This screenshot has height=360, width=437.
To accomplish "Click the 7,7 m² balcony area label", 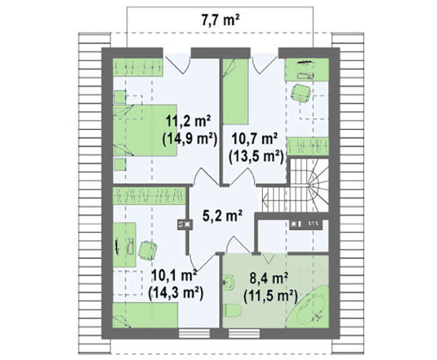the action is click(x=220, y=20).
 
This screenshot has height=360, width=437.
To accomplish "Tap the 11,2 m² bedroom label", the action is click(x=189, y=121).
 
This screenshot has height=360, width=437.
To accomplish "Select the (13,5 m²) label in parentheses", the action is click(x=256, y=157).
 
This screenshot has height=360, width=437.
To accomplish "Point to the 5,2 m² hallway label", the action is click(x=222, y=215).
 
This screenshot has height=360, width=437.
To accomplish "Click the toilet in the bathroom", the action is click(x=232, y=310).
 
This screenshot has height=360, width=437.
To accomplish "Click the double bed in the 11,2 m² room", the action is click(x=145, y=130).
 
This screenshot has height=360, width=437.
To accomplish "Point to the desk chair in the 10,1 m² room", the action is click(x=147, y=250).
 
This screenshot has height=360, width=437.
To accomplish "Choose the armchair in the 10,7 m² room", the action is click(x=300, y=93).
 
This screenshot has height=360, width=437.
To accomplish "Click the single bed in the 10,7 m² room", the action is click(x=235, y=91).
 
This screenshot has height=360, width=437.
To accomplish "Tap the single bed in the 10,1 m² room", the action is click(x=145, y=316).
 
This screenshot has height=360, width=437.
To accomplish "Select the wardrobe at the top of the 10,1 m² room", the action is click(x=149, y=196).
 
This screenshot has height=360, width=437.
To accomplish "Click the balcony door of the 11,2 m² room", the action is click(x=177, y=63).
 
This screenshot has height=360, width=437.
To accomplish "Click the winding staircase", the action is click(x=296, y=185).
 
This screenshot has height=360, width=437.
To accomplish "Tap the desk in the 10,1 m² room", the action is click(x=124, y=245).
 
